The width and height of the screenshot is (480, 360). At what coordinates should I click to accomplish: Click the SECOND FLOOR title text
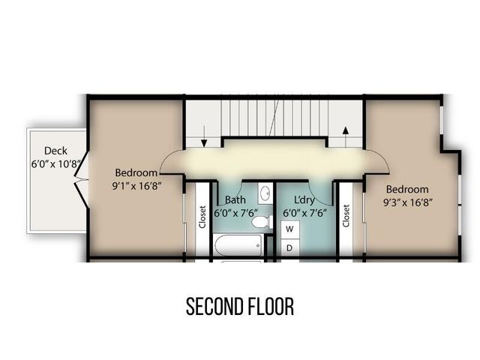coord(239,307)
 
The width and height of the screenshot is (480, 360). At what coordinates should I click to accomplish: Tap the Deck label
coord(55,150)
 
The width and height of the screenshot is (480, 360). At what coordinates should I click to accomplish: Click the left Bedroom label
coord(136,171)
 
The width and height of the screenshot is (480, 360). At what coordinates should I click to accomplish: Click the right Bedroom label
coord(408,189)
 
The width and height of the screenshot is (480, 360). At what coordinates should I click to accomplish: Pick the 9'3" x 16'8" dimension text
coord(408,201)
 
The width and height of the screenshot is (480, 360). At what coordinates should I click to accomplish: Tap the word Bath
coord(236,200)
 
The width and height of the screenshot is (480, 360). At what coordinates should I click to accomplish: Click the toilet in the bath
coord(260,221)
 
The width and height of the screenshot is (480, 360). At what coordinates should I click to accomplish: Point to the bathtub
coord(236,244)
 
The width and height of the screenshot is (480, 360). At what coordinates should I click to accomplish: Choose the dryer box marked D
coord(289,247)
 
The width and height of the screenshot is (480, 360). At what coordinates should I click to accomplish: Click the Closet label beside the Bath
coord(202,217)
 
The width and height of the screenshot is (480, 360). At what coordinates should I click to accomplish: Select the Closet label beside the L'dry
coord(346,217)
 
